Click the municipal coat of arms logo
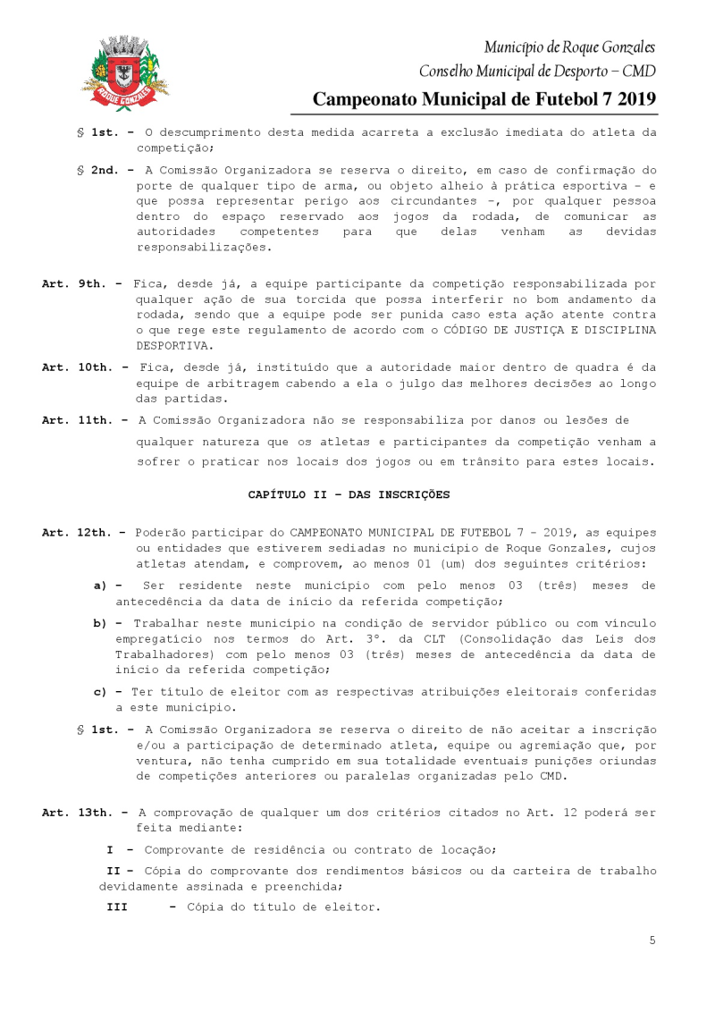(x=125, y=72)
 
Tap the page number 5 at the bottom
(x=652, y=940)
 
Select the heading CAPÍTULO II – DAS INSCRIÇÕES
(x=349, y=494)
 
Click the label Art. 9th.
(x=73, y=283)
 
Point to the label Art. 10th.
(x=77, y=367)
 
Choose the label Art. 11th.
(x=77, y=420)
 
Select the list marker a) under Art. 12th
(x=101, y=586)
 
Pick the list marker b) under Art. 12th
(x=101, y=623)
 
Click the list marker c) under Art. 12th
(x=101, y=692)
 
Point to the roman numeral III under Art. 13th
(x=117, y=907)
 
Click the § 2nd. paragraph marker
(x=100, y=169)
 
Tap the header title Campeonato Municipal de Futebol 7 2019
(x=484, y=99)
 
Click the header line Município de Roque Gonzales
(x=568, y=46)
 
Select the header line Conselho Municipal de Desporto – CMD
(x=536, y=71)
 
